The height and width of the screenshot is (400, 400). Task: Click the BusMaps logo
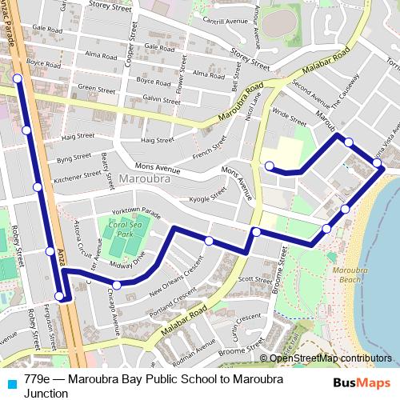click(362, 382)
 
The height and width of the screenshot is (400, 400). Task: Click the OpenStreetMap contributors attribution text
click(330, 358)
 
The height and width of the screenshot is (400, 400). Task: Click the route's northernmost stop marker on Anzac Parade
click(17, 78)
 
